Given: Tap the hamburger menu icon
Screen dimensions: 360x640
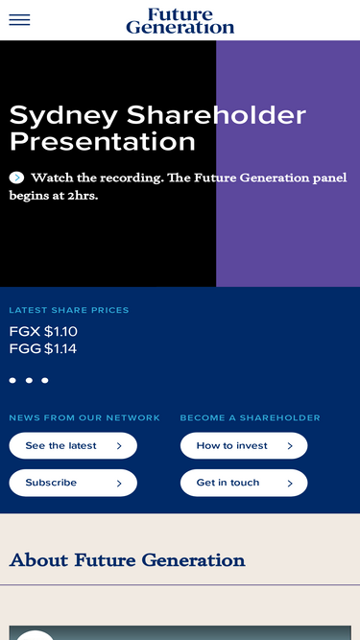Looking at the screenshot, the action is click(x=19, y=19).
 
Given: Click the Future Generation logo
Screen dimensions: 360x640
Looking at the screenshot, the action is click(x=180, y=20).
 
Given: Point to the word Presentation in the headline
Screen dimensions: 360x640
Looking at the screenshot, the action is click(x=103, y=142).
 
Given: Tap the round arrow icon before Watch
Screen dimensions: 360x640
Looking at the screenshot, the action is click(x=16, y=178).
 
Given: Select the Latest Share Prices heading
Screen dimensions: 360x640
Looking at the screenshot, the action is click(x=69, y=310).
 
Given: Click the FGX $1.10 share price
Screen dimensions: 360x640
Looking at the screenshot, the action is click(x=43, y=331).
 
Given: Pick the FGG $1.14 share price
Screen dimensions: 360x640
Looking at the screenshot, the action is click(x=43, y=349).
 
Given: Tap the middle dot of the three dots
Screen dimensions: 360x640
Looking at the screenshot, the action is click(x=29, y=380).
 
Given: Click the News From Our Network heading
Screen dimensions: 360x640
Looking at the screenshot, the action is click(x=84, y=418).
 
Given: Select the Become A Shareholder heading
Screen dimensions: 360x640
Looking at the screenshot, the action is click(x=251, y=418).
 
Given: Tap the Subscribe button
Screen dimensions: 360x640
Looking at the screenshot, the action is click(x=73, y=483).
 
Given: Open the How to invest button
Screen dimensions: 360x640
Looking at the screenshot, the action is click(x=244, y=446).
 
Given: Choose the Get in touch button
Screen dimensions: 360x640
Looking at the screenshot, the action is click(x=244, y=483).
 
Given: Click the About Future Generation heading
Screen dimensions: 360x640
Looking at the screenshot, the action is click(x=128, y=560).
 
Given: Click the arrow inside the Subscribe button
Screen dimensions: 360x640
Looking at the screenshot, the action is click(x=119, y=484).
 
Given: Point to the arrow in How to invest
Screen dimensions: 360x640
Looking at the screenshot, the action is click(x=290, y=446).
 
